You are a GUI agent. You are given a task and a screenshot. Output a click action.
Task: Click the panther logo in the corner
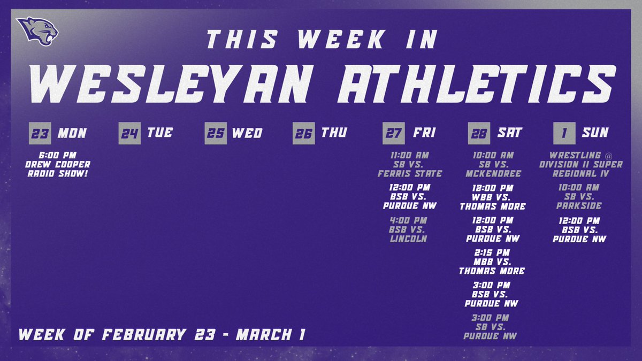(x=36, y=31)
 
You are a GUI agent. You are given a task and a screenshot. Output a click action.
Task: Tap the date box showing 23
(x=40, y=134)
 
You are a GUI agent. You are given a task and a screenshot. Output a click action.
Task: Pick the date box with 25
(x=216, y=134)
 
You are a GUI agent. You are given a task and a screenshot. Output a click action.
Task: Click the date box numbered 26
(x=304, y=134)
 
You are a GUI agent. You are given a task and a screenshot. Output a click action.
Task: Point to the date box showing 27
(x=393, y=134)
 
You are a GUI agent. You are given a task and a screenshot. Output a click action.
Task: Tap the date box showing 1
(x=564, y=134)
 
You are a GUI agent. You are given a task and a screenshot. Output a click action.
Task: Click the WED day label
(x=247, y=133)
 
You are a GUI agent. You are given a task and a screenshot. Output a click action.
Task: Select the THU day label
(x=334, y=133)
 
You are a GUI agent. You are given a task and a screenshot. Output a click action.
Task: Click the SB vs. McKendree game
(x=493, y=164)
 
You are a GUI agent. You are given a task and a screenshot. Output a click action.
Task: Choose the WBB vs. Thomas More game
(x=493, y=197)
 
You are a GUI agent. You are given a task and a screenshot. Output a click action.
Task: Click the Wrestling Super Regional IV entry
(x=580, y=164)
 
